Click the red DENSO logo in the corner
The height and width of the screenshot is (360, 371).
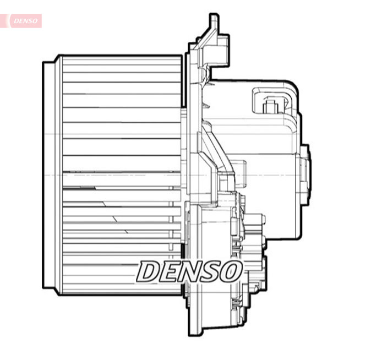[x=25, y=21]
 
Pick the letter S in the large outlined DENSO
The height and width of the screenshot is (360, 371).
[x=210, y=271]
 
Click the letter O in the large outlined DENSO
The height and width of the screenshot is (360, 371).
[x=231, y=271]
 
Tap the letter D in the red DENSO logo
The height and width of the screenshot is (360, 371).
[x=17, y=21]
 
